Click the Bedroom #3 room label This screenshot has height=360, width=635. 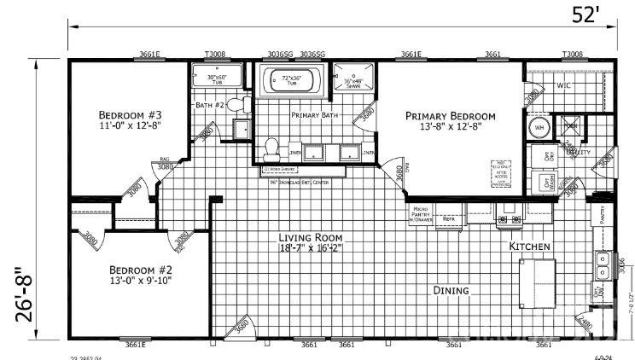[130, 115]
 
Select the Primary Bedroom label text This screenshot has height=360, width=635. [450, 116]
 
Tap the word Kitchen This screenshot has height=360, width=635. [529, 246]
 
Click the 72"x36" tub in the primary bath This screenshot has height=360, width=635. [288, 83]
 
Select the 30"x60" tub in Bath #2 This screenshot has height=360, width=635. [216, 80]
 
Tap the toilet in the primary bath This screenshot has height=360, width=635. [271, 148]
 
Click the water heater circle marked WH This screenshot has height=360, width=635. [539, 128]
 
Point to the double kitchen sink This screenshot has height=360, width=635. [603, 266]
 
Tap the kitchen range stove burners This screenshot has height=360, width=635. [510, 219]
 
